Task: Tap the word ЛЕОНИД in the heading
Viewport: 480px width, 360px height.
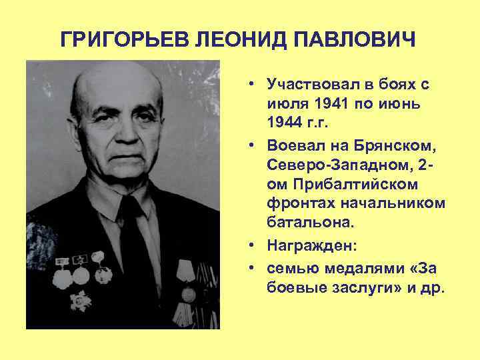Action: (235, 40)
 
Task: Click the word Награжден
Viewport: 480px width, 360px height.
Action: (311, 246)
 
